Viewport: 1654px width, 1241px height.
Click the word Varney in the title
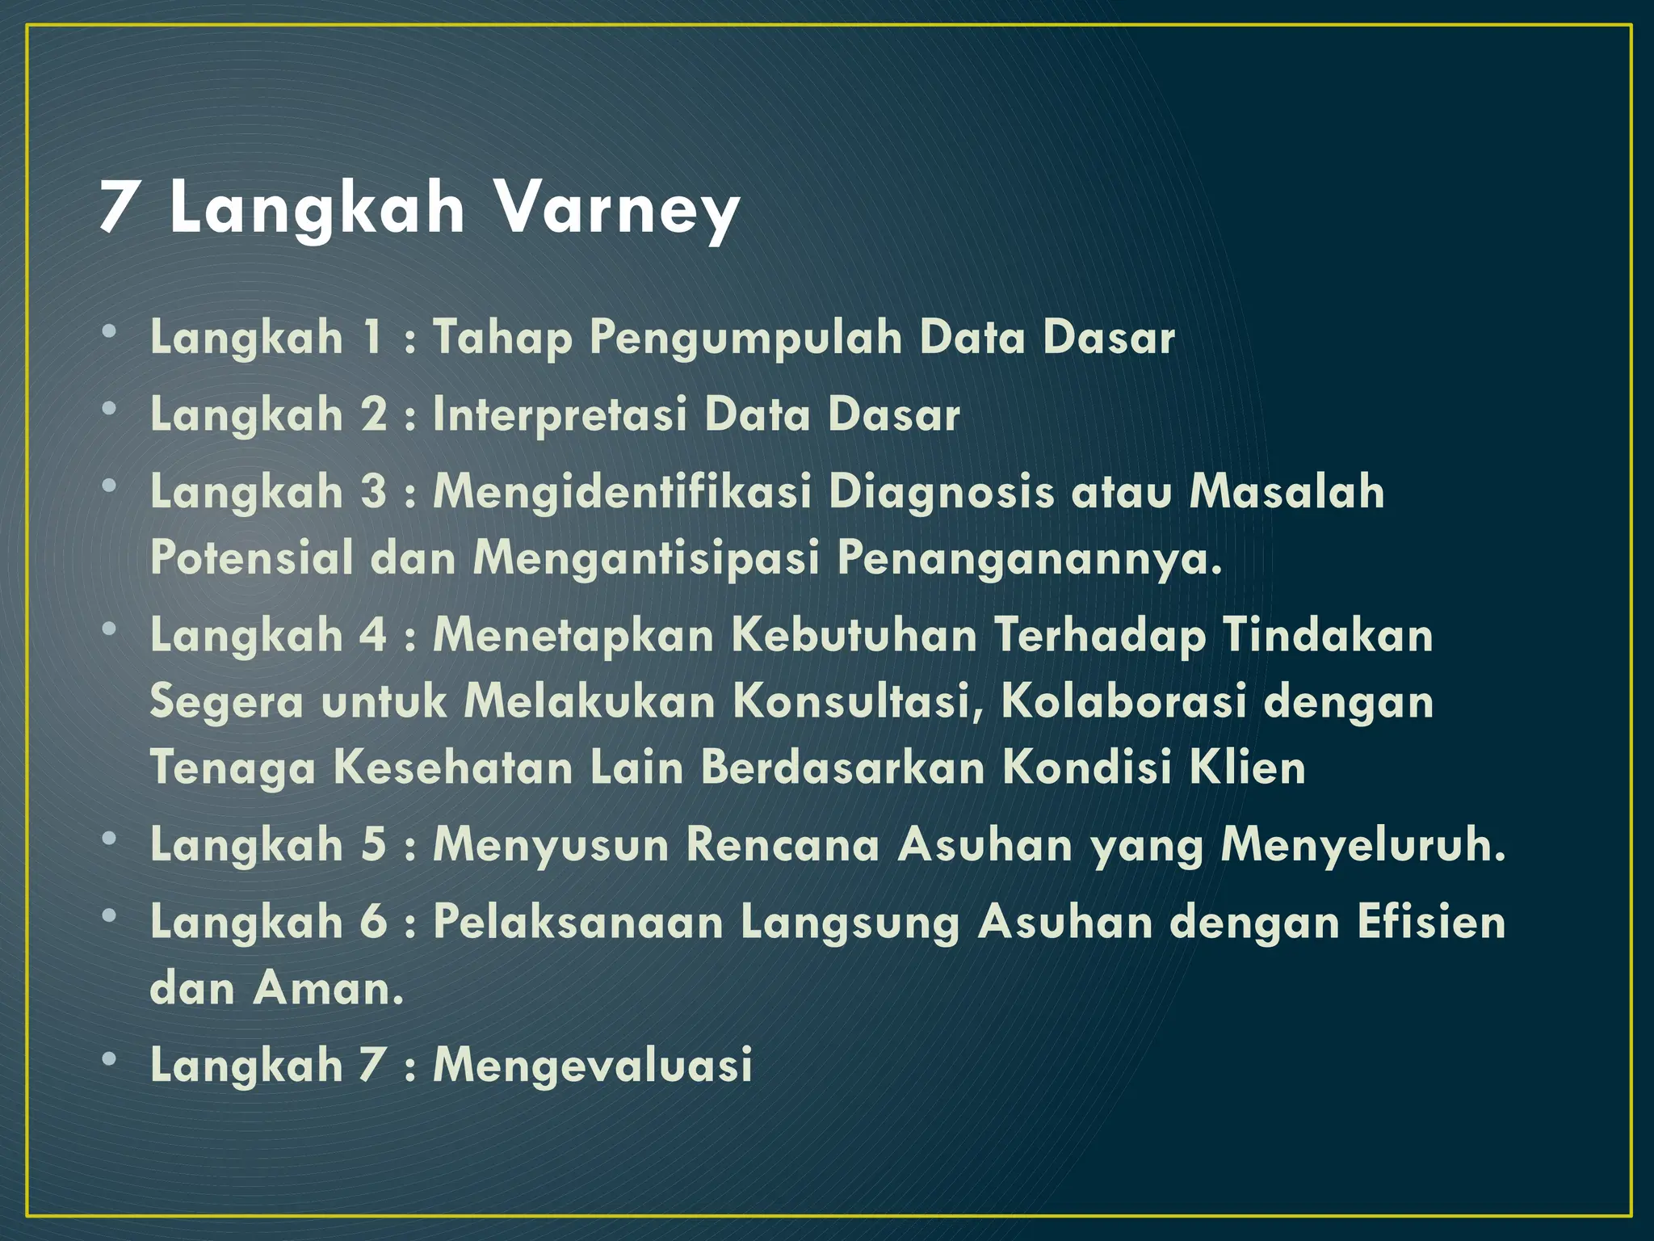pos(616,208)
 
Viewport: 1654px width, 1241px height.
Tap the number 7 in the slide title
pos(117,208)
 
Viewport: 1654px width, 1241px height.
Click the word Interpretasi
pos(559,415)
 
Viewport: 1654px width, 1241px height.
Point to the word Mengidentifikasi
pos(622,492)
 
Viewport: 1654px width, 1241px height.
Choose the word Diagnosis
pos(942,492)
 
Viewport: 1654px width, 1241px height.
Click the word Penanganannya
pos(1029,558)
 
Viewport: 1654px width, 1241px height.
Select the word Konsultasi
pos(858,701)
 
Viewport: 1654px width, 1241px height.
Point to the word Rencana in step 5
pos(782,845)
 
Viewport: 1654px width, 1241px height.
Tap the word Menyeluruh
pos(1362,845)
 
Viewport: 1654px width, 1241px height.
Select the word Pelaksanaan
pos(578,922)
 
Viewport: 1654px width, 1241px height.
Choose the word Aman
pos(328,988)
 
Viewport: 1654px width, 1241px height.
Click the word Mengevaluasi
pos(593,1065)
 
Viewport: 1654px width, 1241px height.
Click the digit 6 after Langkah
pos(373,922)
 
